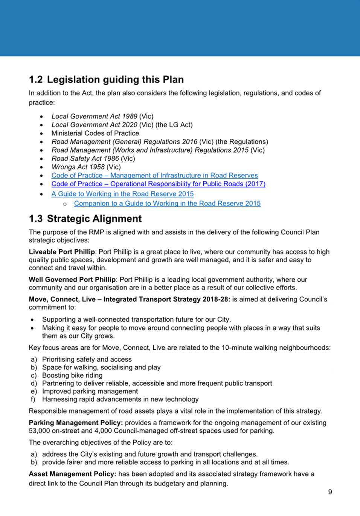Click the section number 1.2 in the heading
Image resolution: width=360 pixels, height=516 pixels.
[36, 80]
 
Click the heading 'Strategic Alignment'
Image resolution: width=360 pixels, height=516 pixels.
[94, 219]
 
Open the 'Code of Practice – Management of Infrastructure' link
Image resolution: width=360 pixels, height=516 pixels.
[154, 175]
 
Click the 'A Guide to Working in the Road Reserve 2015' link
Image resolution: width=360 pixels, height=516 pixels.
[122, 194]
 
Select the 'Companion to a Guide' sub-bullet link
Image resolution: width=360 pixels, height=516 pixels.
[167, 204]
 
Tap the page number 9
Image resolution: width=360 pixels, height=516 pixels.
[330, 492]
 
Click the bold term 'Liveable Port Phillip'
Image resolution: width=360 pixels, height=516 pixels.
[62, 252]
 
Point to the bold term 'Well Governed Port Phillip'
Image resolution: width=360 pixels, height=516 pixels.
[72, 280]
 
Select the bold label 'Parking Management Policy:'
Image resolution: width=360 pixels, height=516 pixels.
[76, 423]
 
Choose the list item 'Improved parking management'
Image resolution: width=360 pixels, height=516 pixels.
[90, 391]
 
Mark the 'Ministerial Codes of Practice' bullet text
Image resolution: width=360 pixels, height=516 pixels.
[95, 133]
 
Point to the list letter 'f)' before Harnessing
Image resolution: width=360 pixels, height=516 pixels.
[33, 399]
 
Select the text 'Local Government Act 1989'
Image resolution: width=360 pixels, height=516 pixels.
[94, 116]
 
